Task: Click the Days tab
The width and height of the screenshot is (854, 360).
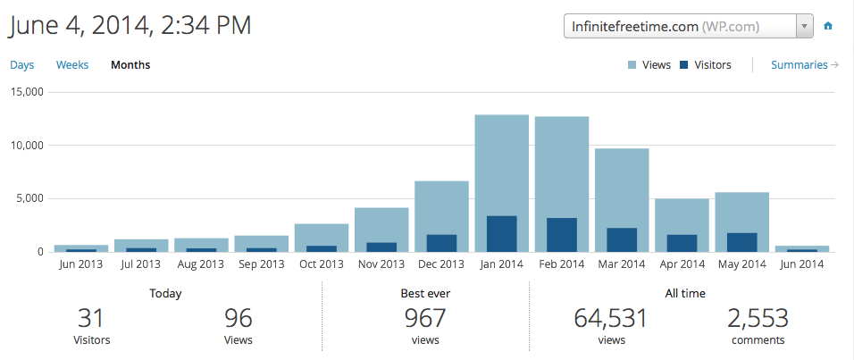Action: (x=22, y=65)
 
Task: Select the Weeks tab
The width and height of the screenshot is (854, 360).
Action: (x=71, y=65)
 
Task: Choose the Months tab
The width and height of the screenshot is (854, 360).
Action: (x=130, y=65)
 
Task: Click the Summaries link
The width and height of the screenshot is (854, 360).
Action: (x=804, y=65)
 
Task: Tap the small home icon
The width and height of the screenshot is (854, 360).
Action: (x=828, y=27)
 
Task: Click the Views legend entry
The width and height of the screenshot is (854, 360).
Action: (x=649, y=65)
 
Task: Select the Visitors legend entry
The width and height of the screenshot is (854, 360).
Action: (x=706, y=65)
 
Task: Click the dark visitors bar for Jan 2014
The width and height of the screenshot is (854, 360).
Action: (x=501, y=234)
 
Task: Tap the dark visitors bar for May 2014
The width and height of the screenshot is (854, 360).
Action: (x=741, y=242)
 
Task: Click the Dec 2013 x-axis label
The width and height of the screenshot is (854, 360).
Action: (x=441, y=264)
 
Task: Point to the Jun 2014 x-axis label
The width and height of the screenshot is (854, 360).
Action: (x=801, y=264)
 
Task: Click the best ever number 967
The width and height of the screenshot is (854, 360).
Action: (x=425, y=317)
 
